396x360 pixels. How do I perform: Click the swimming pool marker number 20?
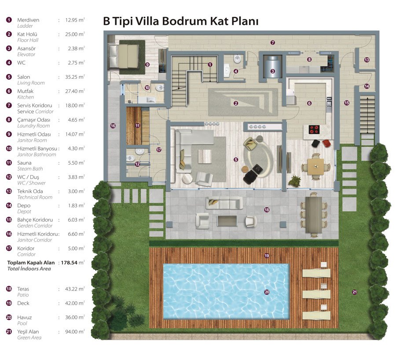tap(267, 292)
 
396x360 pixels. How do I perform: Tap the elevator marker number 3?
tap(272, 71)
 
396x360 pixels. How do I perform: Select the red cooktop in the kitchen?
tap(314, 129)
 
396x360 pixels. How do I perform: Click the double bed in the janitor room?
tap(124, 56)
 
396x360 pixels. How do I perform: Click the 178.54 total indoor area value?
tap(69, 262)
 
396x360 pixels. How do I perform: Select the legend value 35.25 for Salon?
tap(73, 77)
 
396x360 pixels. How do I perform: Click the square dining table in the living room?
tap(315, 166)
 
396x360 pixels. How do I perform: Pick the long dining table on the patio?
tap(313, 215)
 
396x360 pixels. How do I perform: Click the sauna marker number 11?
tap(137, 125)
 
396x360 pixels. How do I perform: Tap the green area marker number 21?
tap(355, 292)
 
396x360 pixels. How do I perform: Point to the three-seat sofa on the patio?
tap(224, 203)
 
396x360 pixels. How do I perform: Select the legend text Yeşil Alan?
tap(28, 332)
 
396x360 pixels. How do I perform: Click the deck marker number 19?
tap(267, 256)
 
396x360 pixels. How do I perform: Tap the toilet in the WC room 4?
tap(237, 59)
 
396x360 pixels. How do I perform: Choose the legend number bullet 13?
tap(9, 191)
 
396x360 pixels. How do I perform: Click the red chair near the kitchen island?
tap(326, 143)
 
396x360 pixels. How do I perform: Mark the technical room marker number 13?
tap(367, 60)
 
